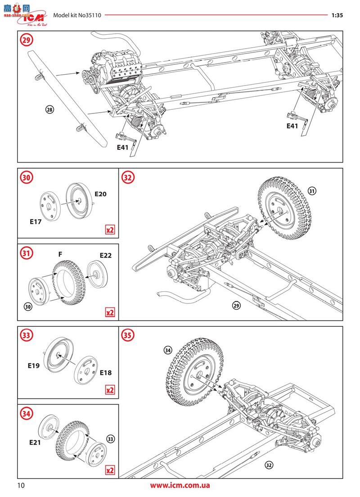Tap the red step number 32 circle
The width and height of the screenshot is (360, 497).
click(x=128, y=177)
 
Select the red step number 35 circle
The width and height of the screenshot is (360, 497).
click(x=128, y=335)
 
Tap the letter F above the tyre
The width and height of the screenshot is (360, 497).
click(x=60, y=254)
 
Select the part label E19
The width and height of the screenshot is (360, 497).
click(x=33, y=366)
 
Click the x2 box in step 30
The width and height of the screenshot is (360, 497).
click(x=110, y=230)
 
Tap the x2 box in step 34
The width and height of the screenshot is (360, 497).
click(x=110, y=470)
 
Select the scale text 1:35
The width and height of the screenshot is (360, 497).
click(x=337, y=15)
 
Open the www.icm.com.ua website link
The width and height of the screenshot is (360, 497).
click(x=180, y=486)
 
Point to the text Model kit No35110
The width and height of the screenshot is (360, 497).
click(x=77, y=15)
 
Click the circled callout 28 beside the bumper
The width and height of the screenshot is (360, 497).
click(x=49, y=109)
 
